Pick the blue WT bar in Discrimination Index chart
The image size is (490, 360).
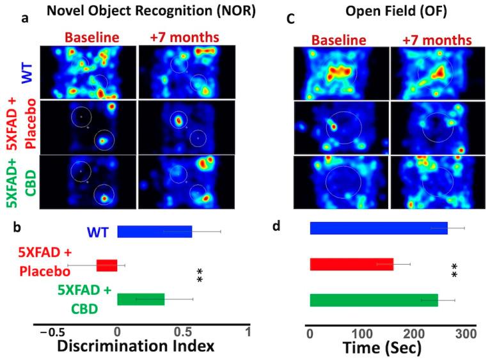pos(154,231)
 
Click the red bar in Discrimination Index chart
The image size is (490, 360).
pos(107,265)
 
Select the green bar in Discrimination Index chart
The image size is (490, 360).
pos(141,299)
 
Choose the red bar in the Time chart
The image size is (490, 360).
pos(351,263)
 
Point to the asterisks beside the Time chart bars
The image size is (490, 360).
pos(455,272)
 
